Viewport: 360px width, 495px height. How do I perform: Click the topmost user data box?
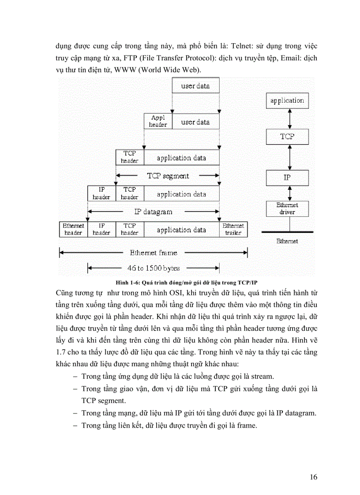195,86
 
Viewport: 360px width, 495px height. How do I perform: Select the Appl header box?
158,121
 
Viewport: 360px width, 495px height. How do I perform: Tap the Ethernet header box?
74,229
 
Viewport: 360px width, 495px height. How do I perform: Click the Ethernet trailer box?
233,229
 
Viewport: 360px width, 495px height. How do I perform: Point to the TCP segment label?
168,176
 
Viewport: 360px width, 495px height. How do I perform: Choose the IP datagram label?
153,212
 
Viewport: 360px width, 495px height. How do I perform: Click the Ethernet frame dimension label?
153,253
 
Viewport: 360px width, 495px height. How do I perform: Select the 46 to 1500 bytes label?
153,268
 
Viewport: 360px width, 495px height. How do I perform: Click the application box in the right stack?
287,100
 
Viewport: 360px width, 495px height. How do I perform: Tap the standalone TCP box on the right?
287,137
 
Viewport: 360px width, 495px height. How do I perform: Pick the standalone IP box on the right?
287,178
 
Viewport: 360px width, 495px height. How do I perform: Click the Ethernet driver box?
287,208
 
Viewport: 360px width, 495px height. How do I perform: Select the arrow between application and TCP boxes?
287,119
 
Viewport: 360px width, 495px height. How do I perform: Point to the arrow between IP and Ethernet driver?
287,193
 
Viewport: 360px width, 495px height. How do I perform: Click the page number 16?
314,477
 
